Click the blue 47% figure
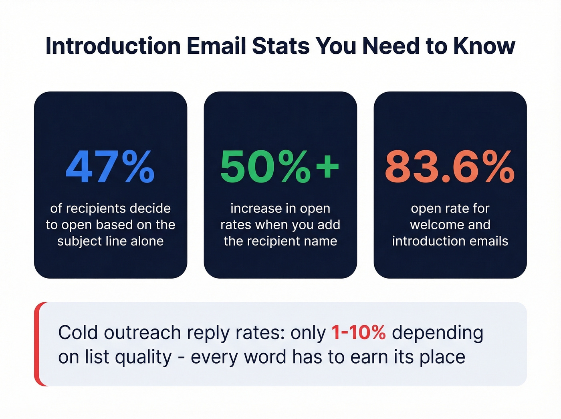(110, 167)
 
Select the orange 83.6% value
(450, 167)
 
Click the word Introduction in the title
(113, 46)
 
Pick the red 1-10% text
(358, 332)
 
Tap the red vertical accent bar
(38, 344)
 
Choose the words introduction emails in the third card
(450, 241)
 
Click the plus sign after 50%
(327, 165)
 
